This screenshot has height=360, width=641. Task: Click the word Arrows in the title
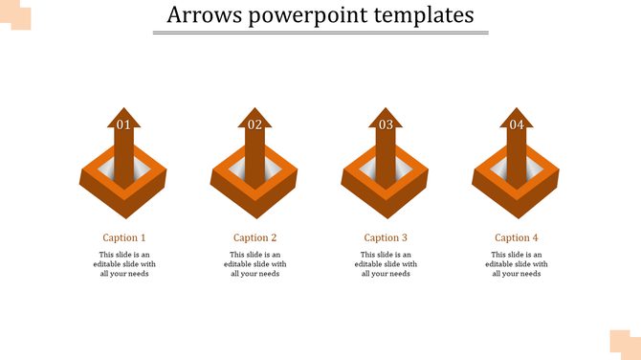point(200,16)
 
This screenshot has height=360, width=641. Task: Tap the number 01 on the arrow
point(123,125)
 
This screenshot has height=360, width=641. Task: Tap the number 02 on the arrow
point(254,125)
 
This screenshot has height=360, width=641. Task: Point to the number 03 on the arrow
point(386,125)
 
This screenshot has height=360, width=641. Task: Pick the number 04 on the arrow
point(517,125)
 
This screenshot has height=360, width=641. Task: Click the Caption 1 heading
point(124,237)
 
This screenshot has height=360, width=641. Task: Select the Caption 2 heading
point(255,237)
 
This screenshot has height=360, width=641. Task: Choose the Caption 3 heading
point(386,237)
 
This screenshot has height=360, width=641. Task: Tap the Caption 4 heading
point(517,237)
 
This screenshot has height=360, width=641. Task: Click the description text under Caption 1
point(124,264)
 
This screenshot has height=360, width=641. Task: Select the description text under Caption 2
point(255,264)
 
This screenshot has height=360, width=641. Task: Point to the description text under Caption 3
point(386,264)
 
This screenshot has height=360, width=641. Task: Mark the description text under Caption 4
point(517,264)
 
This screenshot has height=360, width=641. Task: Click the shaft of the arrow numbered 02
point(254,159)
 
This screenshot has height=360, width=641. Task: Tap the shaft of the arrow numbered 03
point(386,159)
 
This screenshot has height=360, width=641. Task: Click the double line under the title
point(320,34)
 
